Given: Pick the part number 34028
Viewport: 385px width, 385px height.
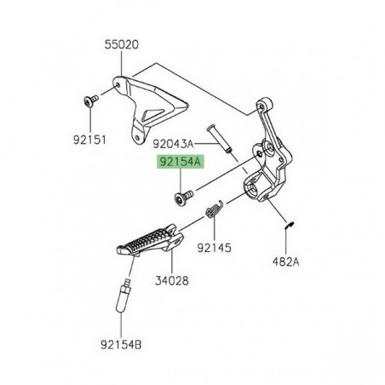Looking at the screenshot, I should click(x=171, y=279).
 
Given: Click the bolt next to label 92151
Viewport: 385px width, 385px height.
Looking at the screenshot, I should click(x=88, y=101).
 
